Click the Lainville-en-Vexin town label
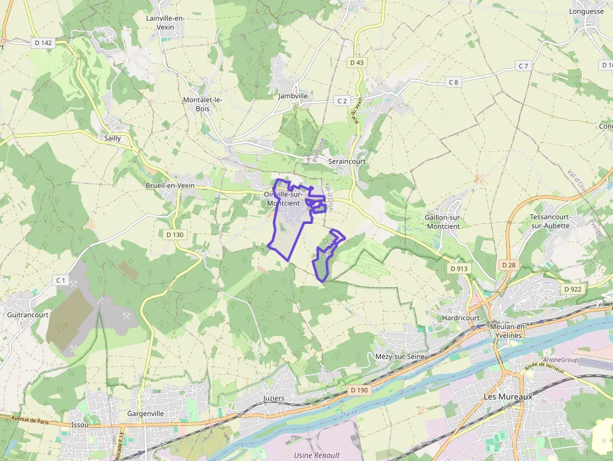[x=165, y=23]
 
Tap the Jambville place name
[x=293, y=96]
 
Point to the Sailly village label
[x=113, y=138]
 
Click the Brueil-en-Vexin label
[x=170, y=185]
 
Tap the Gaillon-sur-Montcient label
[x=442, y=221]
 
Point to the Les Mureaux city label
[x=507, y=397]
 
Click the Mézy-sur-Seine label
[x=400, y=356]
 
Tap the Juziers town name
[x=274, y=398]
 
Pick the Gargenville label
[x=145, y=413]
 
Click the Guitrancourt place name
[x=28, y=315]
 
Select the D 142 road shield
[x=43, y=43]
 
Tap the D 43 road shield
[x=357, y=63]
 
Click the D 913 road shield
[x=459, y=268]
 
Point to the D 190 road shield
[x=360, y=390]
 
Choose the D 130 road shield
[x=175, y=235]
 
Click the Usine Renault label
[x=317, y=455]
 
